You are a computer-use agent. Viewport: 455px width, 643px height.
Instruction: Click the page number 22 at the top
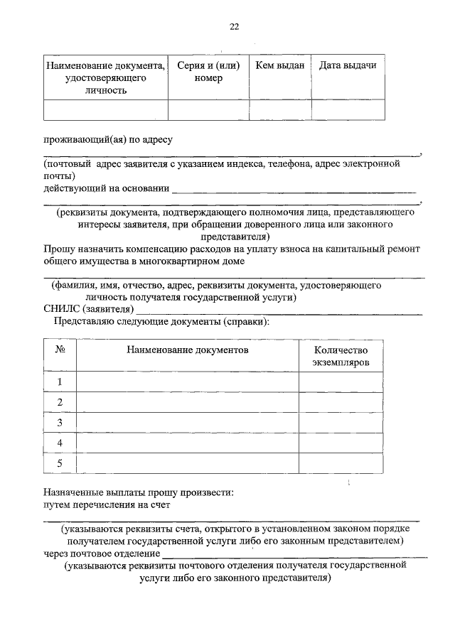pyautogui.click(x=234, y=27)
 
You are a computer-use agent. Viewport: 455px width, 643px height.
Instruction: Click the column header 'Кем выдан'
pyautogui.click(x=279, y=65)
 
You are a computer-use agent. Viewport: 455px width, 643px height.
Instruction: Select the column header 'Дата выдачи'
pyautogui.click(x=348, y=65)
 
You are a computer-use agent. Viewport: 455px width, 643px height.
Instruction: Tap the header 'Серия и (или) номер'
pyautogui.click(x=208, y=72)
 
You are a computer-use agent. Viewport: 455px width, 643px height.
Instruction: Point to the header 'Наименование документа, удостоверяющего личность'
pyautogui.click(x=106, y=77)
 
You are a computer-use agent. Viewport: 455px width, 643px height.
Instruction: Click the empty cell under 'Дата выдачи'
pyautogui.click(x=348, y=109)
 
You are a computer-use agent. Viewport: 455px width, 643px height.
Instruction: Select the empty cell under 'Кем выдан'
pyautogui.click(x=279, y=109)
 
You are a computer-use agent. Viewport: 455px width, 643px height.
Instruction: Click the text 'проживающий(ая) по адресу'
pyautogui.click(x=109, y=140)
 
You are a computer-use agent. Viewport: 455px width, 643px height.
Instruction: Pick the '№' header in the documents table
pyautogui.click(x=60, y=350)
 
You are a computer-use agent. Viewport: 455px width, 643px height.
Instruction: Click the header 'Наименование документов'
pyautogui.click(x=188, y=350)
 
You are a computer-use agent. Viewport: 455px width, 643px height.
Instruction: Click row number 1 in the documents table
pyautogui.click(x=60, y=382)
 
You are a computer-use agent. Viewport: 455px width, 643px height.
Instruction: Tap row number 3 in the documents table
pyautogui.click(x=60, y=423)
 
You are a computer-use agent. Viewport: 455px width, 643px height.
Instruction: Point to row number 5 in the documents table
pyautogui.click(x=60, y=463)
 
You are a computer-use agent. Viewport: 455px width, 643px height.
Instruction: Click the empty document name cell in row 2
pyautogui.click(x=188, y=402)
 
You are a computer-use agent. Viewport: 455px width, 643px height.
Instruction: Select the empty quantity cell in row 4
pyautogui.click(x=341, y=443)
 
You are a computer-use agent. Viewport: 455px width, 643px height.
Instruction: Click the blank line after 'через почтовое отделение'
pyautogui.click(x=294, y=554)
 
